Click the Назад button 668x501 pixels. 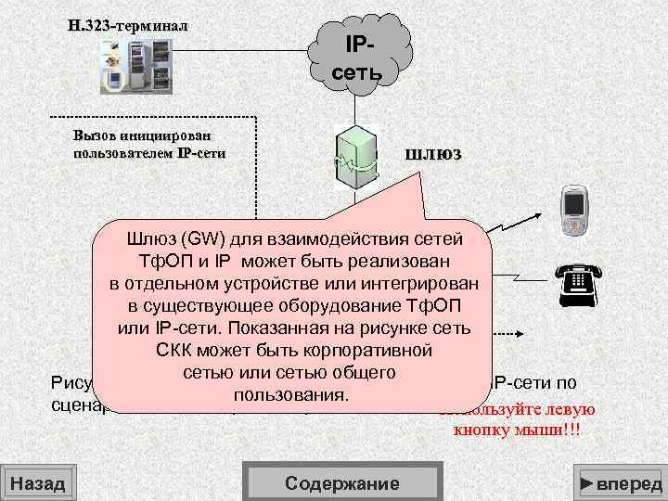pos(37,483)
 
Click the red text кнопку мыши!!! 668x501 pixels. pos(524,430)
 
